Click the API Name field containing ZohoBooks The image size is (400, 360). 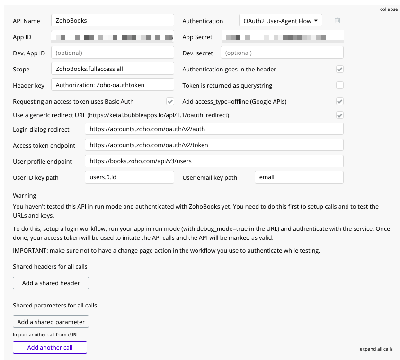pos(112,20)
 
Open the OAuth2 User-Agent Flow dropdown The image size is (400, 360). pos(281,21)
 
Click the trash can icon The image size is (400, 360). pos(338,20)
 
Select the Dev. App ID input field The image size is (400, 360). pos(112,53)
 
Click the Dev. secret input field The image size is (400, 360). pos(282,53)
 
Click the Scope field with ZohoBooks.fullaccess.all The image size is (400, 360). pos(112,69)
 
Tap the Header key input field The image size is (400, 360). pos(112,85)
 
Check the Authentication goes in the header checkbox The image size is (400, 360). pos(340,69)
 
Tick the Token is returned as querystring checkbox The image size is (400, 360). pos(340,85)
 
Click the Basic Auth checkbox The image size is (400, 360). pos(170,101)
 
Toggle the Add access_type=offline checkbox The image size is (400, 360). pos(340,101)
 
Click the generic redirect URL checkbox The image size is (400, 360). pos(340,115)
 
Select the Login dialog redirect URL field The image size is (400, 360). pos(214,129)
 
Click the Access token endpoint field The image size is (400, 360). pos(214,145)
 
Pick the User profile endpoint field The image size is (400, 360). pos(214,161)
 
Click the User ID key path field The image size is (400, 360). pos(129,177)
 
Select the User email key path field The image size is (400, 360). pos(299,177)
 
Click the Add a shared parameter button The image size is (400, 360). pos(51,322)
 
